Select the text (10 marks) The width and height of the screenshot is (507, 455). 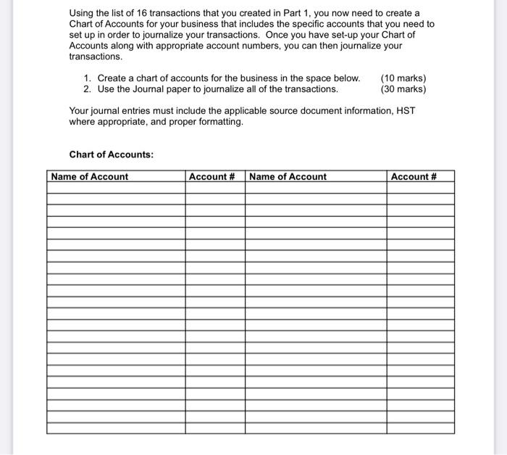(403, 78)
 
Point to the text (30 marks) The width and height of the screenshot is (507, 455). (403, 89)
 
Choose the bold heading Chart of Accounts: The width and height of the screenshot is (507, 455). (111, 155)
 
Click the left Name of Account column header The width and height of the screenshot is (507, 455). (89, 176)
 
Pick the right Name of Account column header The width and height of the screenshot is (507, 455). (288, 176)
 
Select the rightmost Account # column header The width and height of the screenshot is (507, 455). (414, 176)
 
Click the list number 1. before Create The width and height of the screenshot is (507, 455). (88, 78)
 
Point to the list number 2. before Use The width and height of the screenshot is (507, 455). (88, 89)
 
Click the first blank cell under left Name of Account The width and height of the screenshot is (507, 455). (116, 187)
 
